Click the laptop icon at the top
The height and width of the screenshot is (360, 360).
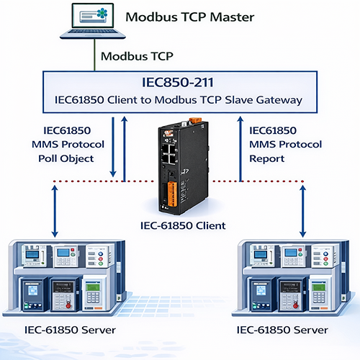point(93,21)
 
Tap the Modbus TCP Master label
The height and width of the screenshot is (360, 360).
point(190,17)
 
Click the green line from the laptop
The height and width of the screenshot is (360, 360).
point(94,55)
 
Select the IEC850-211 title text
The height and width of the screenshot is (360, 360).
point(178,82)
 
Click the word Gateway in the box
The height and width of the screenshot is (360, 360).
point(279,100)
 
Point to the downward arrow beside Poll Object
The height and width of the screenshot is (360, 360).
point(113,147)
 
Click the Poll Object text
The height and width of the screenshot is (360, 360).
point(66,158)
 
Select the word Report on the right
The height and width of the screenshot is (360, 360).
point(267,158)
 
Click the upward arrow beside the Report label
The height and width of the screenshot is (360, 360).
point(240,149)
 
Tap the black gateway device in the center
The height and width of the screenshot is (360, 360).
point(183,167)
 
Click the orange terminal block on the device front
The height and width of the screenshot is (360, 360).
point(172,194)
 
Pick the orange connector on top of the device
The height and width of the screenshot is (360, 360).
point(195,120)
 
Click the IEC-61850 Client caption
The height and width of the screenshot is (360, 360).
point(183,225)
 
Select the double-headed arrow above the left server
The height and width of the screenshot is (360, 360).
point(55,211)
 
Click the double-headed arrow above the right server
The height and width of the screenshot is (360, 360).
point(303,211)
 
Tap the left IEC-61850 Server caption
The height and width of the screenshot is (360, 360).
point(70,330)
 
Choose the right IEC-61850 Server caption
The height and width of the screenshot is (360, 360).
point(282,330)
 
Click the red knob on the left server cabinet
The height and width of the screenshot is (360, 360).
point(68,305)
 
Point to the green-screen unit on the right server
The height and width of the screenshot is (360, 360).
point(320,294)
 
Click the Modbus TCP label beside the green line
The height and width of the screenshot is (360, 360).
point(137,56)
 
